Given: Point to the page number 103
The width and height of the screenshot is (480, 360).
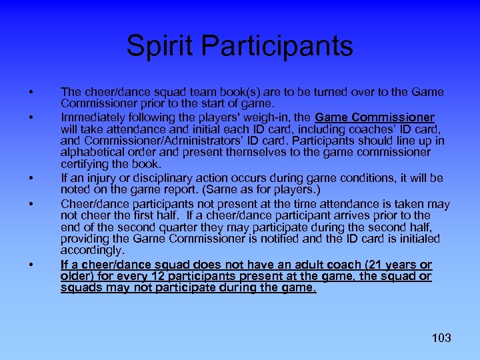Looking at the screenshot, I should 441,337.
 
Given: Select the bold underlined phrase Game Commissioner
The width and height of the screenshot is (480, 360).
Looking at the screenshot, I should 389,117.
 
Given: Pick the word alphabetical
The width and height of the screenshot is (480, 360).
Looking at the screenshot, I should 95,152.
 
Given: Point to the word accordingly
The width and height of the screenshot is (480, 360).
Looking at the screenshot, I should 92,250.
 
